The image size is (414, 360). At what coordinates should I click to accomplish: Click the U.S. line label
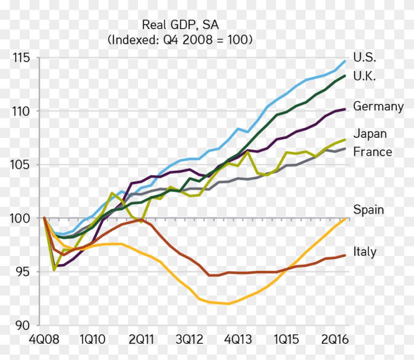(x=365, y=57)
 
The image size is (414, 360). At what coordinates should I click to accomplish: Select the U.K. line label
(x=365, y=76)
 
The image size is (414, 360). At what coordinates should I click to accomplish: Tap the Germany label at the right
(x=378, y=107)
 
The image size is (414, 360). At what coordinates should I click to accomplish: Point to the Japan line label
(x=370, y=133)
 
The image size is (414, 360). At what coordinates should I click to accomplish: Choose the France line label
(x=373, y=152)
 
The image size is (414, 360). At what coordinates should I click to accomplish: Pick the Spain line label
(x=368, y=210)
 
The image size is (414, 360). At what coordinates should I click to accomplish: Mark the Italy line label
(x=365, y=252)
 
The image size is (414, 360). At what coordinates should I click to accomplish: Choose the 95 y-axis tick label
(x=22, y=272)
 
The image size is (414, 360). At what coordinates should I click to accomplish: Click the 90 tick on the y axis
(x=22, y=325)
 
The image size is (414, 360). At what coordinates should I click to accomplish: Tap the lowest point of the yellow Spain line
(x=227, y=304)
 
